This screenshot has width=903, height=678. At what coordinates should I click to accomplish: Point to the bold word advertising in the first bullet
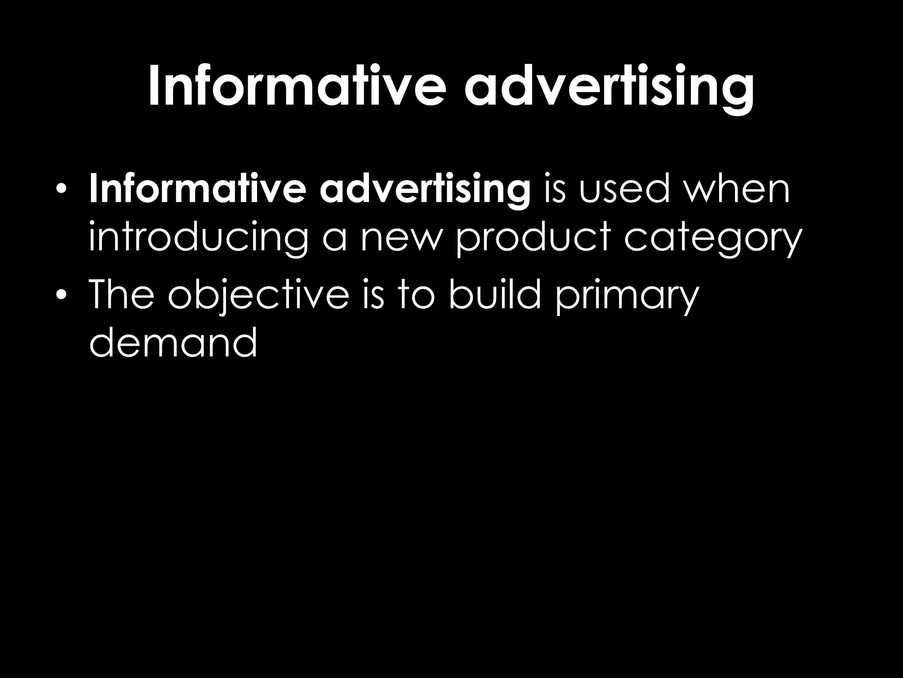[425, 191]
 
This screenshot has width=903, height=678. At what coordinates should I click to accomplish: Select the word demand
[173, 343]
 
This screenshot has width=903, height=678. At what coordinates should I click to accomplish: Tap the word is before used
[554, 190]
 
